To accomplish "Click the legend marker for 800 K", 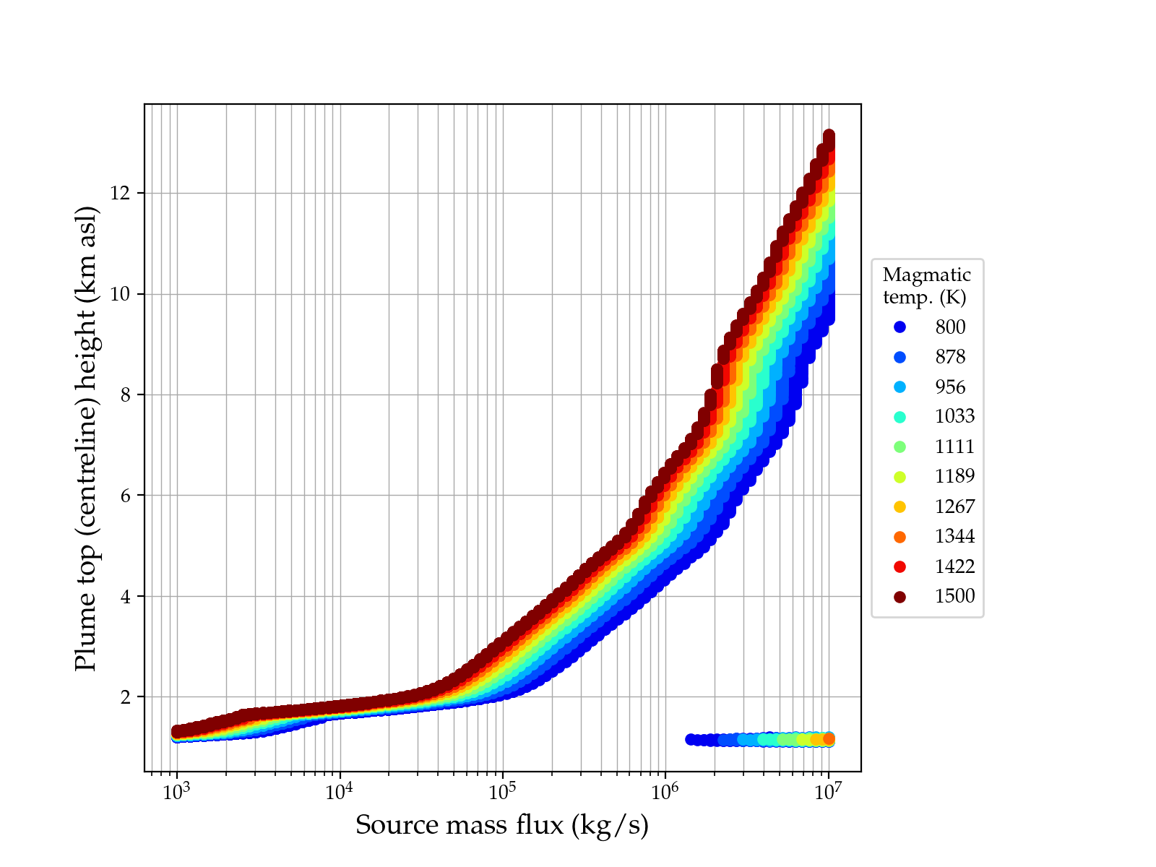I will [x=900, y=327].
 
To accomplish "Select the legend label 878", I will [x=950, y=357].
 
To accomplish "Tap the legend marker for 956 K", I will [x=900, y=387].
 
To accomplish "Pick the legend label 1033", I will [x=954, y=416].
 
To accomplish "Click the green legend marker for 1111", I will [x=900, y=447].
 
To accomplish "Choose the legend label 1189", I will [x=954, y=476].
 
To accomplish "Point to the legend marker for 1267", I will [x=900, y=506].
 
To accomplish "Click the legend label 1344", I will [x=954, y=536].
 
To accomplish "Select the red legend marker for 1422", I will [x=900, y=566].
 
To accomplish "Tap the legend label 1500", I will [x=954, y=596].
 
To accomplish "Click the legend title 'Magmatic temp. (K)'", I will [x=926, y=285].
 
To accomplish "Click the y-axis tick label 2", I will [x=130, y=697].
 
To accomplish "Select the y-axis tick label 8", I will [x=130, y=395].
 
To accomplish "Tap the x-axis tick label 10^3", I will [x=176, y=792].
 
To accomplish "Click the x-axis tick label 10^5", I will [x=502, y=792].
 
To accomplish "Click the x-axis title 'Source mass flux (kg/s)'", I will [x=502, y=825].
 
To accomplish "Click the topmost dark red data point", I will [x=829, y=136].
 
